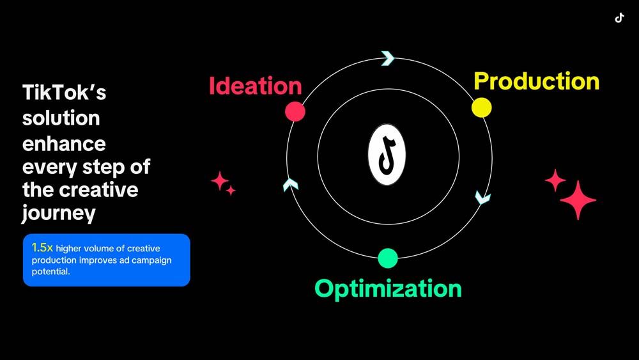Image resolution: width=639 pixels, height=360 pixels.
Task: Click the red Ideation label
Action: pyautogui.click(x=256, y=86)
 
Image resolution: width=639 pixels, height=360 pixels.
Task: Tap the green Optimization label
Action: pyautogui.click(x=388, y=288)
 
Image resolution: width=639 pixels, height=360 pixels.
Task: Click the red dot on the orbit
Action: pyautogui.click(x=295, y=111)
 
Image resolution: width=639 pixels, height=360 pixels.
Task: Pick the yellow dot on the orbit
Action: pyautogui.click(x=482, y=107)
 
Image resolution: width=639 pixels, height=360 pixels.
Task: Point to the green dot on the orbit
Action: pyautogui.click(x=388, y=258)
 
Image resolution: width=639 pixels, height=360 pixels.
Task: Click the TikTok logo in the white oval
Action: pyautogui.click(x=387, y=155)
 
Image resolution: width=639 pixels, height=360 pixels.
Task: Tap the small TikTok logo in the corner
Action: pyautogui.click(x=619, y=18)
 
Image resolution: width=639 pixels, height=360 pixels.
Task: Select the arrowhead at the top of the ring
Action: pyautogui.click(x=388, y=58)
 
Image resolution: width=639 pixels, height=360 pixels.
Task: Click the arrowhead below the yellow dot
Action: pyautogui.click(x=483, y=198)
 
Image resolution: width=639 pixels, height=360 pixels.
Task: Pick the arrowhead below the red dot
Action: pyautogui.click(x=291, y=185)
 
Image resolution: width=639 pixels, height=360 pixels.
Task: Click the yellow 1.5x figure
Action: pyautogui.click(x=42, y=247)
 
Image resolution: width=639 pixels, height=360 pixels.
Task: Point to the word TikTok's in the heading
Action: pyautogui.click(x=64, y=92)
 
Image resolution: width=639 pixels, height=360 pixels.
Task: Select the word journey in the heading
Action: pyautogui.click(x=59, y=213)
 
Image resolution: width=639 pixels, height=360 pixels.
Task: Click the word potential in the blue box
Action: pyautogui.click(x=50, y=272)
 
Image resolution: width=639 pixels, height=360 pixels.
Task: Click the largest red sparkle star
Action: pyautogui.click(x=578, y=200)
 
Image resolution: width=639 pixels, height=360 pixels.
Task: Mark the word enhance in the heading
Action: pyautogui.click(x=64, y=144)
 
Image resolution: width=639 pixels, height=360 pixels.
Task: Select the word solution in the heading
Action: pyautogui.click(x=61, y=118)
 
